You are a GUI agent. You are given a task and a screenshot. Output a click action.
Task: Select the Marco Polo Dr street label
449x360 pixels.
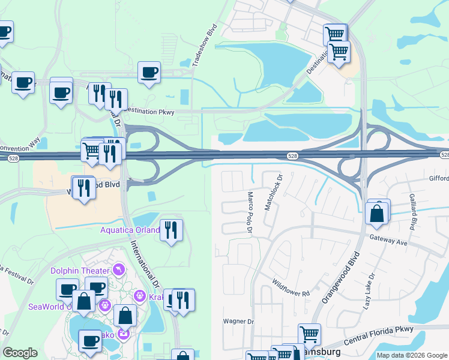point(251,214)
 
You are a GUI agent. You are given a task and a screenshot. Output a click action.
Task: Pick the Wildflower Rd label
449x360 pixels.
point(290,289)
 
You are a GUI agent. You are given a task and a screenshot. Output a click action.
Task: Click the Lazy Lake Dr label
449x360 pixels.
point(369,292)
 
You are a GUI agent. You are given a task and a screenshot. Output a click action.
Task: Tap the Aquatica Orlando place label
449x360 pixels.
point(130,230)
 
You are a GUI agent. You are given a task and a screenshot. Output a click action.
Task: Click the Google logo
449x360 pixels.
point(20,353)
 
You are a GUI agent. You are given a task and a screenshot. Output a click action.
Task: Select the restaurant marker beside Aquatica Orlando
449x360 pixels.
point(172,230)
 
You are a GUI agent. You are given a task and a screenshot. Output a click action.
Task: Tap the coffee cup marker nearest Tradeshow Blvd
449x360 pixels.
point(149,73)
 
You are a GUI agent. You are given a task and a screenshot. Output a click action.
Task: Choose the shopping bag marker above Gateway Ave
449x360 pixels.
point(376,213)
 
